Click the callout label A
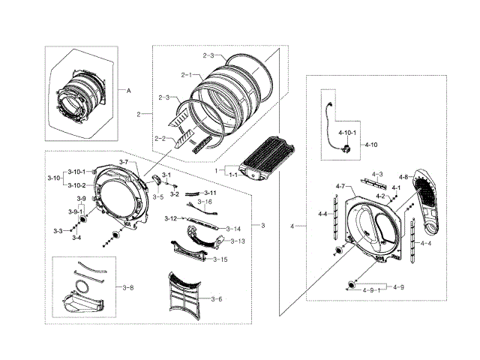(x=128, y=90)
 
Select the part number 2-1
(x=187, y=75)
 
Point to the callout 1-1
(x=232, y=174)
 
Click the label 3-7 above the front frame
(x=124, y=163)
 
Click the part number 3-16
(x=205, y=202)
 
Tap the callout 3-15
(x=220, y=259)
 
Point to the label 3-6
(x=216, y=299)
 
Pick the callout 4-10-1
(x=347, y=133)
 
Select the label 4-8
(x=403, y=177)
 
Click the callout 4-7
(x=340, y=186)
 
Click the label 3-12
(x=171, y=218)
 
